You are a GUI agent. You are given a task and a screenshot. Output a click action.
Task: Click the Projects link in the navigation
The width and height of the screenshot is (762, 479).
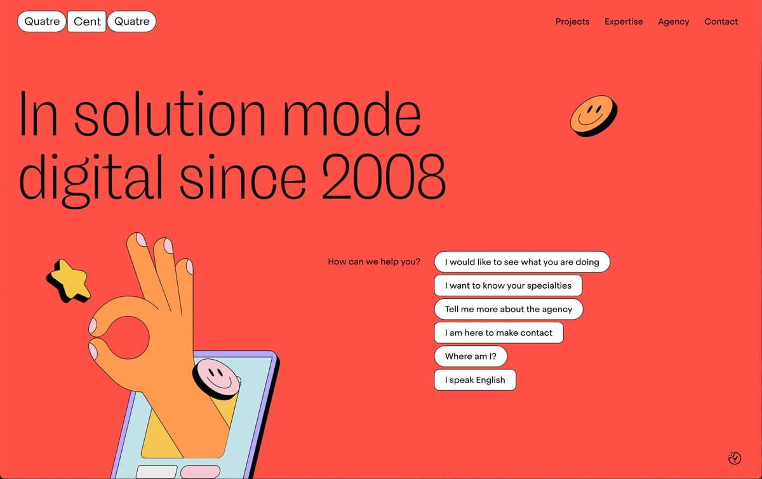572,22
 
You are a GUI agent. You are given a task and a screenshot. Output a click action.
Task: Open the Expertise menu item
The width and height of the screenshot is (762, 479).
624,22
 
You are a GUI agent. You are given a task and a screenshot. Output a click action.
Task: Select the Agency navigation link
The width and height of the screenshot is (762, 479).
674,22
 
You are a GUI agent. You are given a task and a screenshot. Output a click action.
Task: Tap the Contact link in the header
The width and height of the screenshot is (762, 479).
721,22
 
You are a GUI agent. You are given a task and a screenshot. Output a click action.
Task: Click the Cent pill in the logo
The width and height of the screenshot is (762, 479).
87,22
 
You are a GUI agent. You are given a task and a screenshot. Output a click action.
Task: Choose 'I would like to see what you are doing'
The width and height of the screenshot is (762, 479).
522,262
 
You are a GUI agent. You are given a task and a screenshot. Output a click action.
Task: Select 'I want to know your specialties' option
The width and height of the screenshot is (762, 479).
508,285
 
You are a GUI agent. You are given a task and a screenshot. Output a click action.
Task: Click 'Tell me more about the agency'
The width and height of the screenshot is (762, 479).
509,309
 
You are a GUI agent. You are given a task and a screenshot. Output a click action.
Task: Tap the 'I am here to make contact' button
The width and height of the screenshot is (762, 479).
498,332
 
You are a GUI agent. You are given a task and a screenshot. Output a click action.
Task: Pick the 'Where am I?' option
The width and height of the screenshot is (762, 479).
471,357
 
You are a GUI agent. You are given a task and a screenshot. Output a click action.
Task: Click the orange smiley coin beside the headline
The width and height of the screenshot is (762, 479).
594,115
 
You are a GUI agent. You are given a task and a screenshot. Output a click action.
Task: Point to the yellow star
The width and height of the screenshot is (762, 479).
69,280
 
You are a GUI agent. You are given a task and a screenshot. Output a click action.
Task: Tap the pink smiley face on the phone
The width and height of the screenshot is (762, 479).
217,378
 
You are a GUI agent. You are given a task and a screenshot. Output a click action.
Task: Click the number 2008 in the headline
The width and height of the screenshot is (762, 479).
384,176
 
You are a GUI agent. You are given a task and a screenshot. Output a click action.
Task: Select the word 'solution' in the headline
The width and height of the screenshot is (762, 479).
170,114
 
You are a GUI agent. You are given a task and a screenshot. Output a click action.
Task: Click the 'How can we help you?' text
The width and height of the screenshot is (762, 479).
374,262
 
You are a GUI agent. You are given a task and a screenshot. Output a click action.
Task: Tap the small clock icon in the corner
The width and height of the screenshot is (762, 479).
735,458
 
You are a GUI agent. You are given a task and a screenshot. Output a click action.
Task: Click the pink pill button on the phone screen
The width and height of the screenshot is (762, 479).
201,472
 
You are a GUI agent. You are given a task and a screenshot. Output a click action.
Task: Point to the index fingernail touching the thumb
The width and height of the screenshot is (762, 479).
93,326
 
